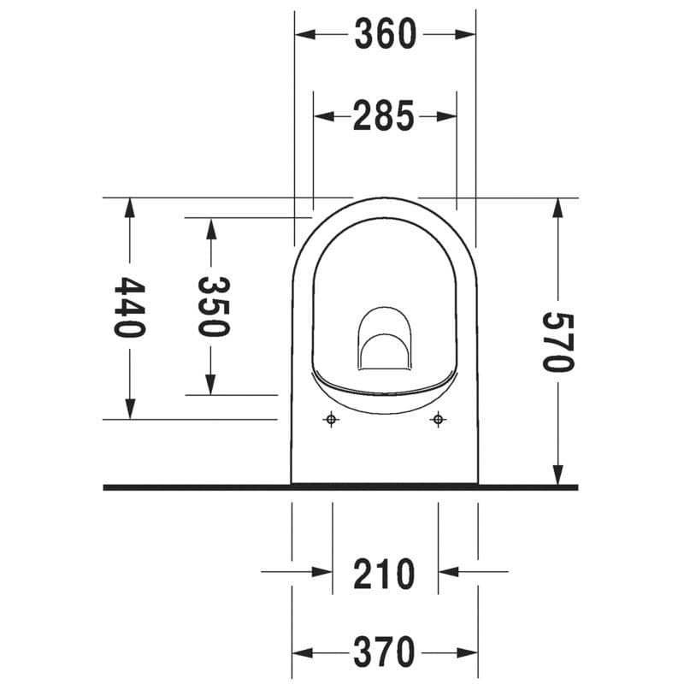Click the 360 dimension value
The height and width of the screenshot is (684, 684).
pyautogui.click(x=384, y=34)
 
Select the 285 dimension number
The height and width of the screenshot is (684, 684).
pyautogui.click(x=384, y=116)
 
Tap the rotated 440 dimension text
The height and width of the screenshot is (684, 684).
pyautogui.click(x=128, y=307)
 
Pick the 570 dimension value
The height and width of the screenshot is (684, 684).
pyautogui.click(x=557, y=341)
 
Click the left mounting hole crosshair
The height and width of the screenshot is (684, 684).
pyautogui.click(x=332, y=419)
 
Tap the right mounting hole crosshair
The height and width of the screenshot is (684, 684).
pyautogui.click(x=438, y=419)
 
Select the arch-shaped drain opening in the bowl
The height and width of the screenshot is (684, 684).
pyautogui.click(x=384, y=342)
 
